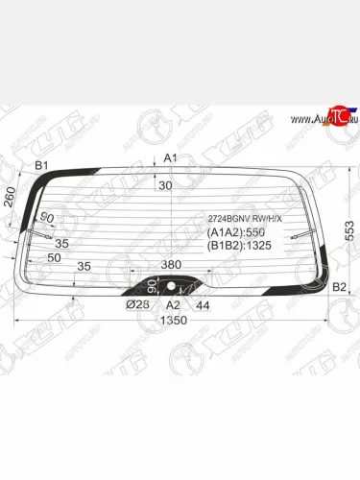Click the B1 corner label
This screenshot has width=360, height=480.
tap(41, 166)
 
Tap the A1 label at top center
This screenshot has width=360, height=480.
tap(170, 157)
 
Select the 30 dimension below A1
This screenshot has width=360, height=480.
tap(165, 185)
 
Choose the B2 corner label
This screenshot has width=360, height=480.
tap(338, 287)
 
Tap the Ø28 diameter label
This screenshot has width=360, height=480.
tap(136, 304)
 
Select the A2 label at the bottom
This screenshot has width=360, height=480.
tap(173, 304)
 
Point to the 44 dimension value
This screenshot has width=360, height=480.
tap(203, 304)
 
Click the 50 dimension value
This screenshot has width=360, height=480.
tap(54, 257)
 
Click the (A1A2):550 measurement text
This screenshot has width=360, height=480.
tap(234, 232)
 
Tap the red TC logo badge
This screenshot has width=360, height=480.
tap(333, 113)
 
